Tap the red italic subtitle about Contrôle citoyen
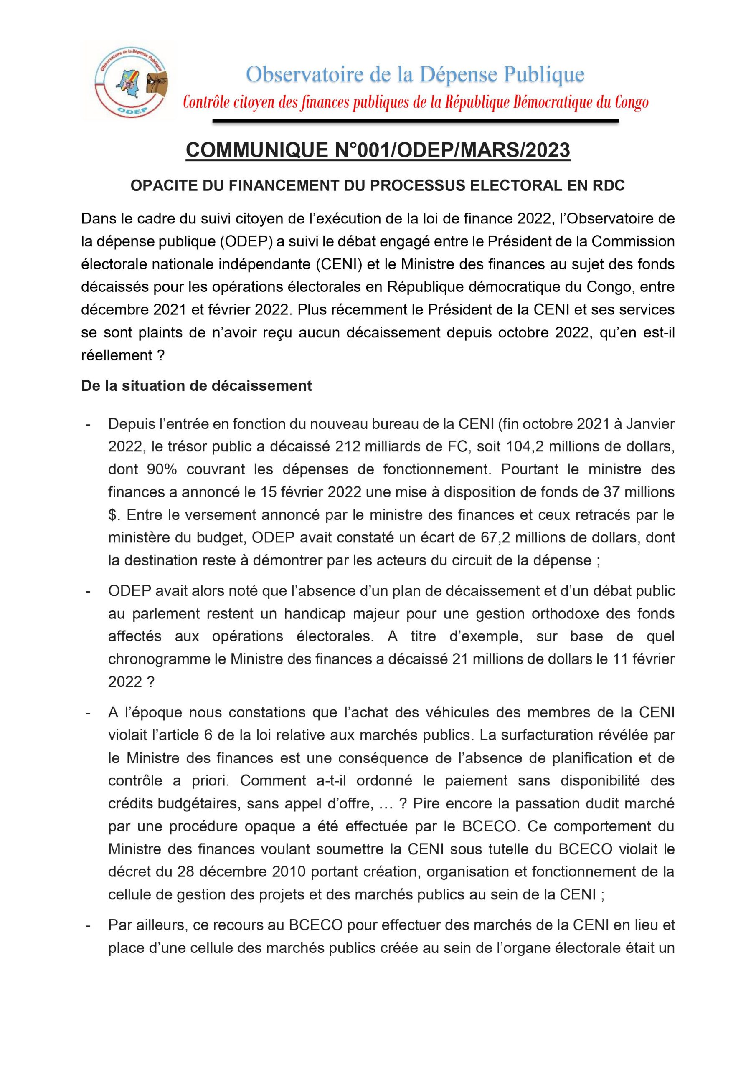[x=416, y=103]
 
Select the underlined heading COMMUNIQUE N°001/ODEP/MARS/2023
[x=378, y=150]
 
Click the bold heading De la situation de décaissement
[x=197, y=386]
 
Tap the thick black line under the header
[x=416, y=122]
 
